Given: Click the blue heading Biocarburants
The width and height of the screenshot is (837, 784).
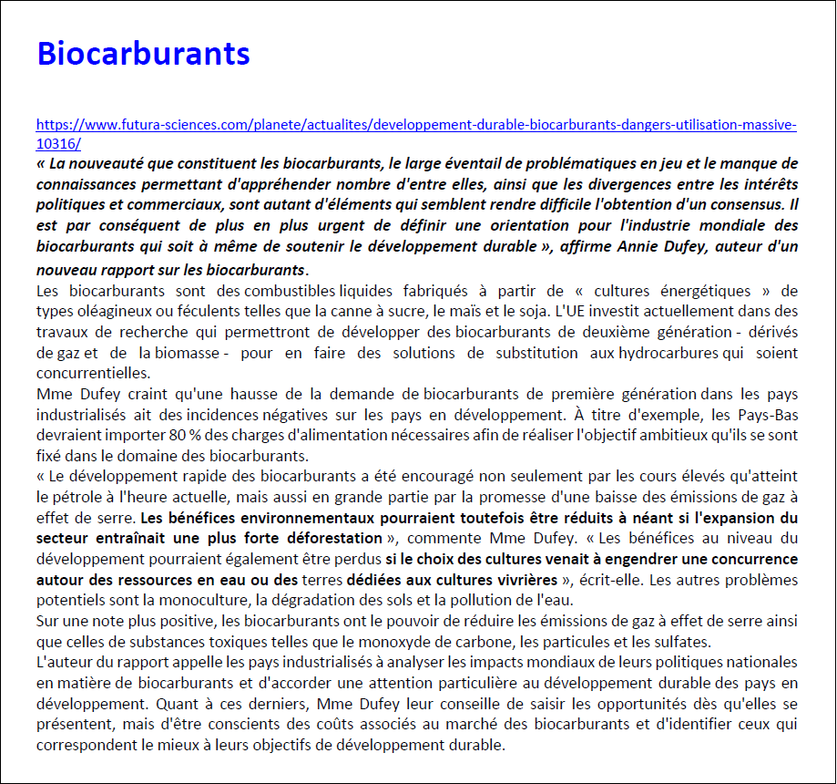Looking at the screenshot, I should (x=143, y=54).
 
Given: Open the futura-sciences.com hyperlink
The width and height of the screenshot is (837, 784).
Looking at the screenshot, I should (x=416, y=125).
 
